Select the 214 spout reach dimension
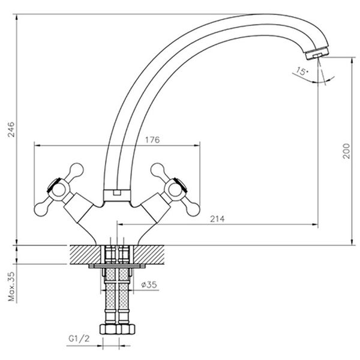217,220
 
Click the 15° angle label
302,73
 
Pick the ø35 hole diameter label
149,285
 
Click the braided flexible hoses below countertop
117,297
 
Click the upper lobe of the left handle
76,169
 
